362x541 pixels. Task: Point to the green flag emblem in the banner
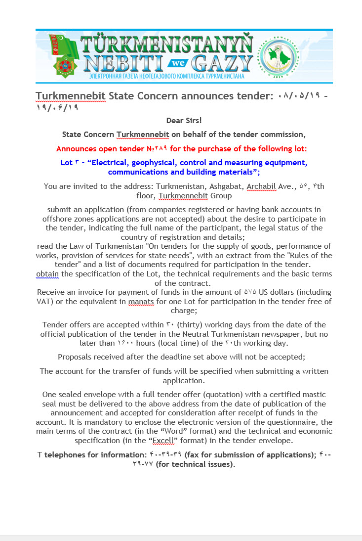pyautogui.click(x=64, y=55)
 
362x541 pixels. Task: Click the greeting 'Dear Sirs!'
pyautogui.click(x=184, y=120)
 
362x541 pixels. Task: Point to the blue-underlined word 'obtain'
pyautogui.click(x=47, y=273)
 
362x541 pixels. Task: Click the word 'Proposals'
pyautogui.click(x=76, y=357)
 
